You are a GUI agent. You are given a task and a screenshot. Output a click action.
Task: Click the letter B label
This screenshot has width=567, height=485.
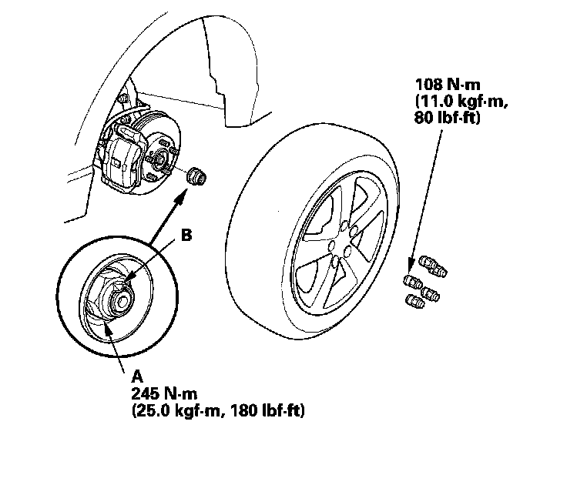186,236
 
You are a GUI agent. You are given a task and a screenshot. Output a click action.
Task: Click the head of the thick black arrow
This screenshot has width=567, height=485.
183,193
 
